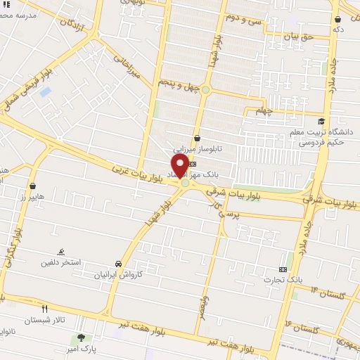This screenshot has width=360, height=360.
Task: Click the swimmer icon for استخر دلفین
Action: (x=62, y=252)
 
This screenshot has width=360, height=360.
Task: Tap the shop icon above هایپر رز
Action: (x=33, y=186)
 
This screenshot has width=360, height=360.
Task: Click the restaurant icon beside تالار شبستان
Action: (x=45, y=309)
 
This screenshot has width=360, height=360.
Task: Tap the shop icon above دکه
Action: (x=338, y=19)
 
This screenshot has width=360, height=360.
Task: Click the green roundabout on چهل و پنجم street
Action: (x=205, y=89)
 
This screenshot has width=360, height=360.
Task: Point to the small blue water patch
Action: (x=46, y=92)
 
